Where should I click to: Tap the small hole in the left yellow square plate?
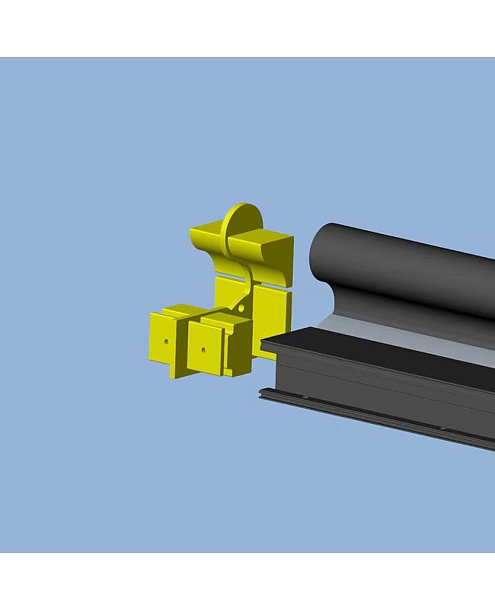point(165,342)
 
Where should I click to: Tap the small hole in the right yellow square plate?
point(203,350)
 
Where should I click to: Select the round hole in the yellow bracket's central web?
point(242,307)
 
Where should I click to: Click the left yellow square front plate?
point(164,342)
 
